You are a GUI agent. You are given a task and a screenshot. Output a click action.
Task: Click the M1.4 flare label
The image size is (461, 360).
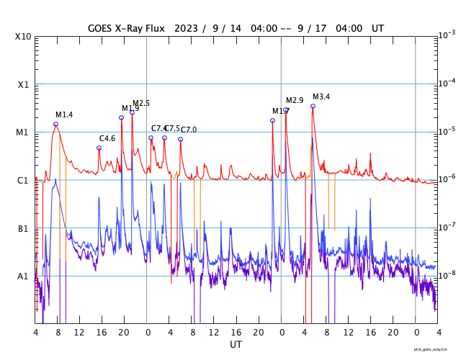coord(64,115)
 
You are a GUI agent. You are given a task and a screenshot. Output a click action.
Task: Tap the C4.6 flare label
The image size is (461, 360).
coord(107,138)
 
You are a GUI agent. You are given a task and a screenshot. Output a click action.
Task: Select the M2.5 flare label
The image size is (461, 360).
coord(141,104)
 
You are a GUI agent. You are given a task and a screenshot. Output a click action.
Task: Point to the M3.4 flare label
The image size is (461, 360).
coord(321,97)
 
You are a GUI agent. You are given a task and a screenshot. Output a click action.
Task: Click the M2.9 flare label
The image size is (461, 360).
coord(295,100)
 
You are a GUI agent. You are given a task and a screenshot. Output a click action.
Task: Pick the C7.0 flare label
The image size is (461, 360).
coord(189,130)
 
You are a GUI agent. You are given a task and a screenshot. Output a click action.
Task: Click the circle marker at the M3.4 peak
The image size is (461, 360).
coord(313,106)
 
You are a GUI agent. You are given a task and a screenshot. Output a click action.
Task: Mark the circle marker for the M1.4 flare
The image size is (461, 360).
coord(55,124)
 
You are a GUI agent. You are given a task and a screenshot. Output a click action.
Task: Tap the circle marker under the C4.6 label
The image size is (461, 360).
coord(99,148)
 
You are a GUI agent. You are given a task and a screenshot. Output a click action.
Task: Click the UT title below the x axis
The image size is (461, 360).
coord(236,345)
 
